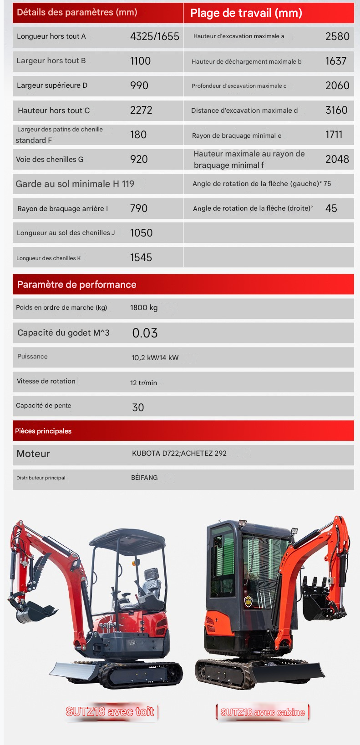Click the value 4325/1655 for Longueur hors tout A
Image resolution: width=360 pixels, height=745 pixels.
pos(154,36)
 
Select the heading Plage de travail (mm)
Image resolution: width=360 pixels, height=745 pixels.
pos(246,13)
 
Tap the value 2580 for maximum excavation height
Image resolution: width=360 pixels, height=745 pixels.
pos(337,36)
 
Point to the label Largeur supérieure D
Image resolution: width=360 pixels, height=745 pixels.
pos(52,86)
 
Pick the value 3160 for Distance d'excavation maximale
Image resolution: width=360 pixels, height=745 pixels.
pos(336,110)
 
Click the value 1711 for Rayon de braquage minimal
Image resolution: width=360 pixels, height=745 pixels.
pos(334,135)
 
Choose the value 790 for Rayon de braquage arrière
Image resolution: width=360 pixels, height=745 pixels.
pos(139,208)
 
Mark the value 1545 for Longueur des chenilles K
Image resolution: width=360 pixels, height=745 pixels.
pos(141,257)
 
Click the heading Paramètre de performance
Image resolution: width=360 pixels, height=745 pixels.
pos(76,285)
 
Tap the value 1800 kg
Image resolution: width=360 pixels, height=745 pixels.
pos(144,308)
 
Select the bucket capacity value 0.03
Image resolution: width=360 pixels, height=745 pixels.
pos(145,333)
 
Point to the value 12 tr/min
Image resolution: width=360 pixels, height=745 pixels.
pos(143,383)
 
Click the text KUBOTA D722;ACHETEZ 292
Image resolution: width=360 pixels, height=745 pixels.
pos(179,453)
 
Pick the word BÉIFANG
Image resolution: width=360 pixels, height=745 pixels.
pos(144,478)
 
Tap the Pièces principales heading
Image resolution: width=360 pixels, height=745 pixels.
pos(43,431)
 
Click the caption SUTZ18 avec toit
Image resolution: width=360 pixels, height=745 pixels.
pos(110,712)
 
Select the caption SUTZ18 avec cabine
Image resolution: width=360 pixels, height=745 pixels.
pos(263,712)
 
